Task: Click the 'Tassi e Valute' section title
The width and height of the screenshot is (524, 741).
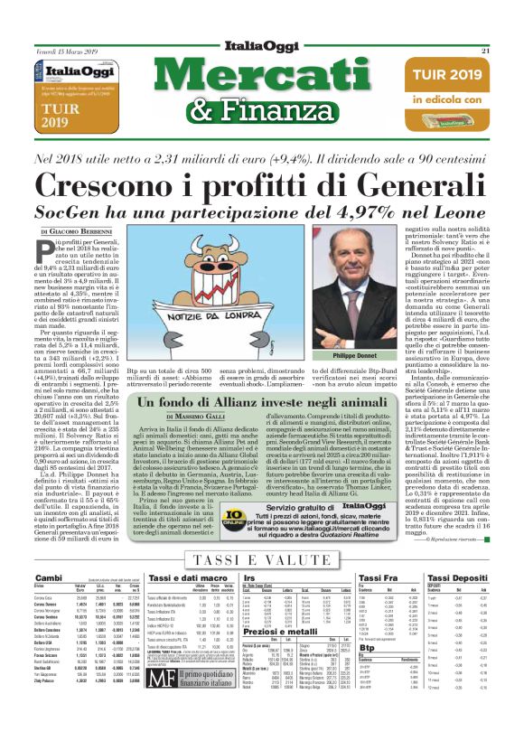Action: coord(261,559)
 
